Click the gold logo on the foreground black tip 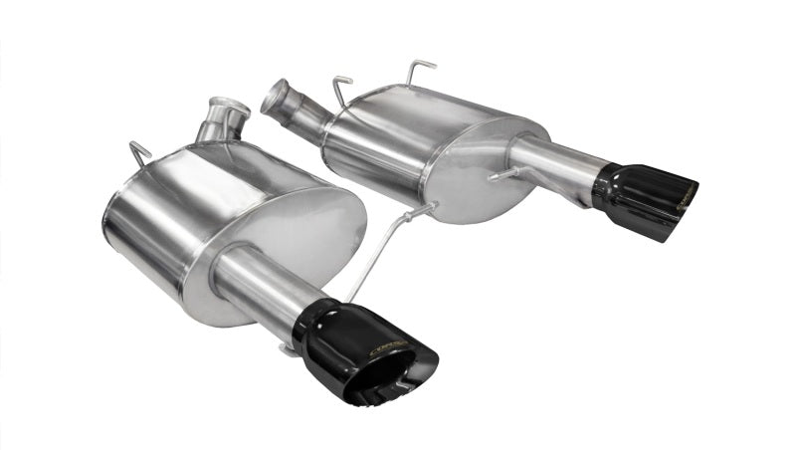(390, 347)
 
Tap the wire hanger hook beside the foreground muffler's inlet (140, 151)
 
